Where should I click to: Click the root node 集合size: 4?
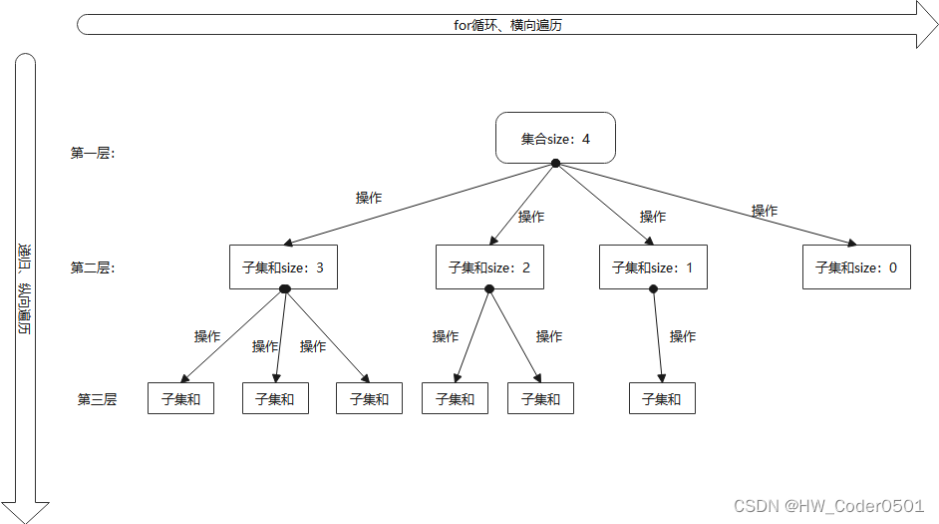tap(555, 138)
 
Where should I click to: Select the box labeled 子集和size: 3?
tap(283, 267)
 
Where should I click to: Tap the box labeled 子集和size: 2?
tap(489, 267)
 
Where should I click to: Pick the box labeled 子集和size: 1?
tap(653, 267)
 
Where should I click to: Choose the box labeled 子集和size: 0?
tap(856, 267)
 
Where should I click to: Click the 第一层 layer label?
tap(93, 154)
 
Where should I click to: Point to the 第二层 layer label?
tap(93, 267)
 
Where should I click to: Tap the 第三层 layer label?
tap(97, 399)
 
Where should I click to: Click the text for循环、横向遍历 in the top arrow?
tap(507, 25)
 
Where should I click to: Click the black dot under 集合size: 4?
tap(555, 163)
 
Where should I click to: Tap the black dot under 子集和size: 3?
tap(284, 289)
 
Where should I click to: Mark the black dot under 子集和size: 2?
tap(489, 289)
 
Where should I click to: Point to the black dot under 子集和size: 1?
tap(653, 289)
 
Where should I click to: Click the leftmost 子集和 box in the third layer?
tap(180, 398)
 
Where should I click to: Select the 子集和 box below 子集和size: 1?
tap(662, 398)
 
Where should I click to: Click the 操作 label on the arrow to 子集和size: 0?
tap(765, 211)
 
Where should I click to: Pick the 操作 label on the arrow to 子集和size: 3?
tap(369, 198)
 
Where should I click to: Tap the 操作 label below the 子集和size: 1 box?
tap(683, 336)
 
